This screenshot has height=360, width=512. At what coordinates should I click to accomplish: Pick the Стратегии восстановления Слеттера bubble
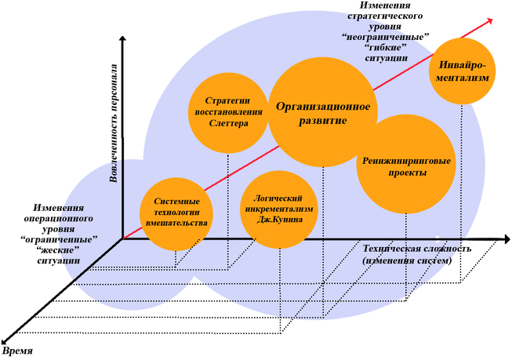(227, 112)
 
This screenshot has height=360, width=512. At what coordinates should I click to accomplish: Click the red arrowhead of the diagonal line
(489, 20)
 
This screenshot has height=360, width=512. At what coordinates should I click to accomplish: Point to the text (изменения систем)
(407, 260)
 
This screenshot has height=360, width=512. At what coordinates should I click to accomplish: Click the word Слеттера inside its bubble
(228, 123)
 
